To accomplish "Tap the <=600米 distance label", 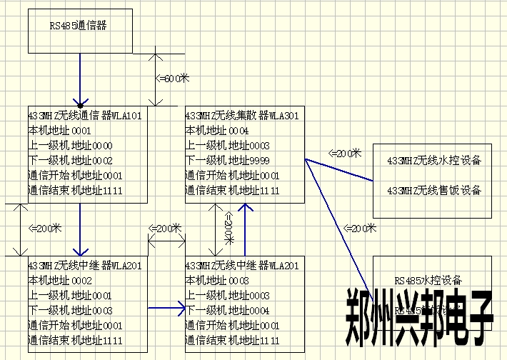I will [x=174, y=78].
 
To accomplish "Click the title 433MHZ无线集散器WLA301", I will [x=242, y=115].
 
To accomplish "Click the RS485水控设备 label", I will [x=428, y=281].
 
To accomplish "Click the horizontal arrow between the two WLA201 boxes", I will [x=166, y=309].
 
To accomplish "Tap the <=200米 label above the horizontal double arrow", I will [x=166, y=229].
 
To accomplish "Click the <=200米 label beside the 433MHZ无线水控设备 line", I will [x=345, y=154].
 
